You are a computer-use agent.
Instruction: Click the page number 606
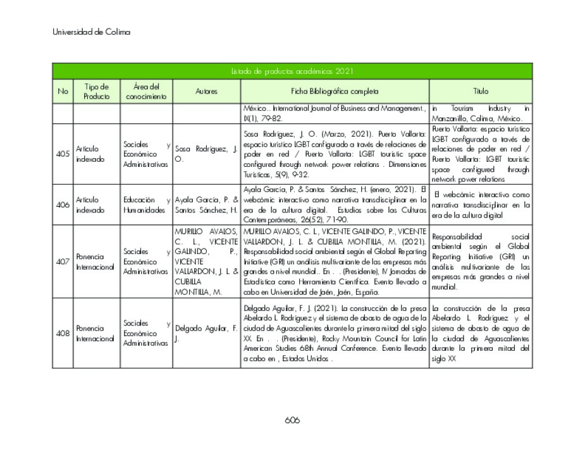pos(292,420)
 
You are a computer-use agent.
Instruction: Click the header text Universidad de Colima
pos(91,32)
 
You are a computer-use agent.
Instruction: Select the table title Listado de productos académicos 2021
pos(292,71)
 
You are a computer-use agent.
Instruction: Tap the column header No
pos(63,92)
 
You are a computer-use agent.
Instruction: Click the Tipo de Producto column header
pos(96,92)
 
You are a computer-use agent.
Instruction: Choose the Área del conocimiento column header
pos(146,92)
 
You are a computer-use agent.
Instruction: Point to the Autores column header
pos(206,92)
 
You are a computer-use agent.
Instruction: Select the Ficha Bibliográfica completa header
pos(335,92)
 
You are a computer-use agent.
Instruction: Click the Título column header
pos(481,92)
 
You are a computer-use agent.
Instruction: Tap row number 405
pos(63,154)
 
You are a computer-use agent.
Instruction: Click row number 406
pos(63,205)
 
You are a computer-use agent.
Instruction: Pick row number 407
pos(63,262)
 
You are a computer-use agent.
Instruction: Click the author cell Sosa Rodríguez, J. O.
pos(206,154)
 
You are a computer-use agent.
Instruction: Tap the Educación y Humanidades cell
pos(146,205)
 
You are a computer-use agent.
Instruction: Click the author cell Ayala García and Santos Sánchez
pos(206,205)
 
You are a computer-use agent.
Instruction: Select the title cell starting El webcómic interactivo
pos(481,205)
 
